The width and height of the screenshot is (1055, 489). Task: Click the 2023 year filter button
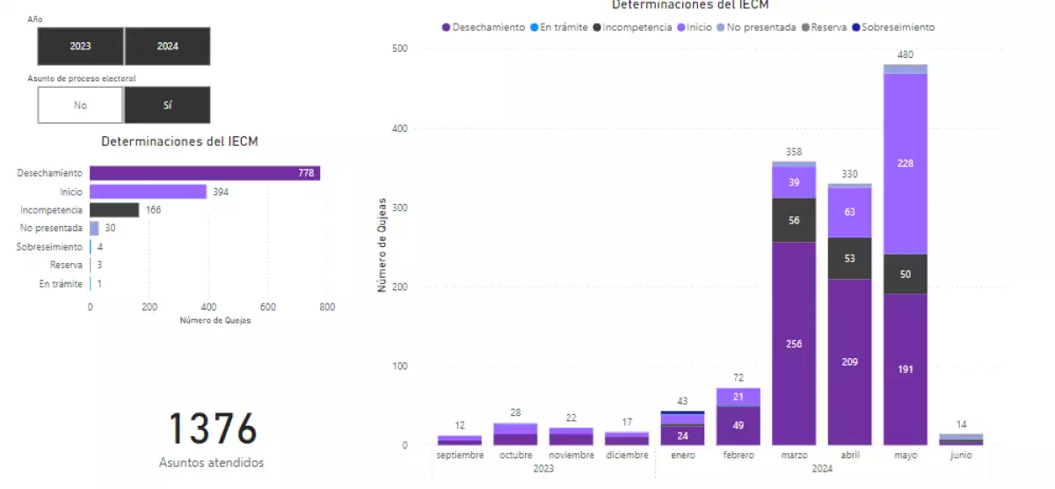click(80, 46)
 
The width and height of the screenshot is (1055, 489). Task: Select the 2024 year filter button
click(167, 46)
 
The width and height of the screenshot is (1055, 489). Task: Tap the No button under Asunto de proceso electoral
click(80, 105)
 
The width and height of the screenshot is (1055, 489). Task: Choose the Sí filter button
click(167, 105)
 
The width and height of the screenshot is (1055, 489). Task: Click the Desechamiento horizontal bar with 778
click(204, 173)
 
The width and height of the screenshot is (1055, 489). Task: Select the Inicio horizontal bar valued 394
click(148, 192)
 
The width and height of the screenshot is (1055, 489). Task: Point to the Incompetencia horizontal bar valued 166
click(114, 210)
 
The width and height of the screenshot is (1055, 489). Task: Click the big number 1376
click(212, 430)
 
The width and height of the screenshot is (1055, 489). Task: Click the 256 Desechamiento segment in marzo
click(794, 343)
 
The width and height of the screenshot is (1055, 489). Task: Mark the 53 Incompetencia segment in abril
click(849, 258)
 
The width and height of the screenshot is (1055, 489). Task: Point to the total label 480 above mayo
click(905, 55)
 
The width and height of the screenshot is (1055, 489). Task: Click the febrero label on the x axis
click(738, 456)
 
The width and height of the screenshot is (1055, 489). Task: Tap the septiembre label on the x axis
click(460, 456)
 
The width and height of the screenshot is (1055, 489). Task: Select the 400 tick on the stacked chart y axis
click(399, 128)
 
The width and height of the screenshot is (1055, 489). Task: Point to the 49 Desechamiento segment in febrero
click(738, 426)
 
